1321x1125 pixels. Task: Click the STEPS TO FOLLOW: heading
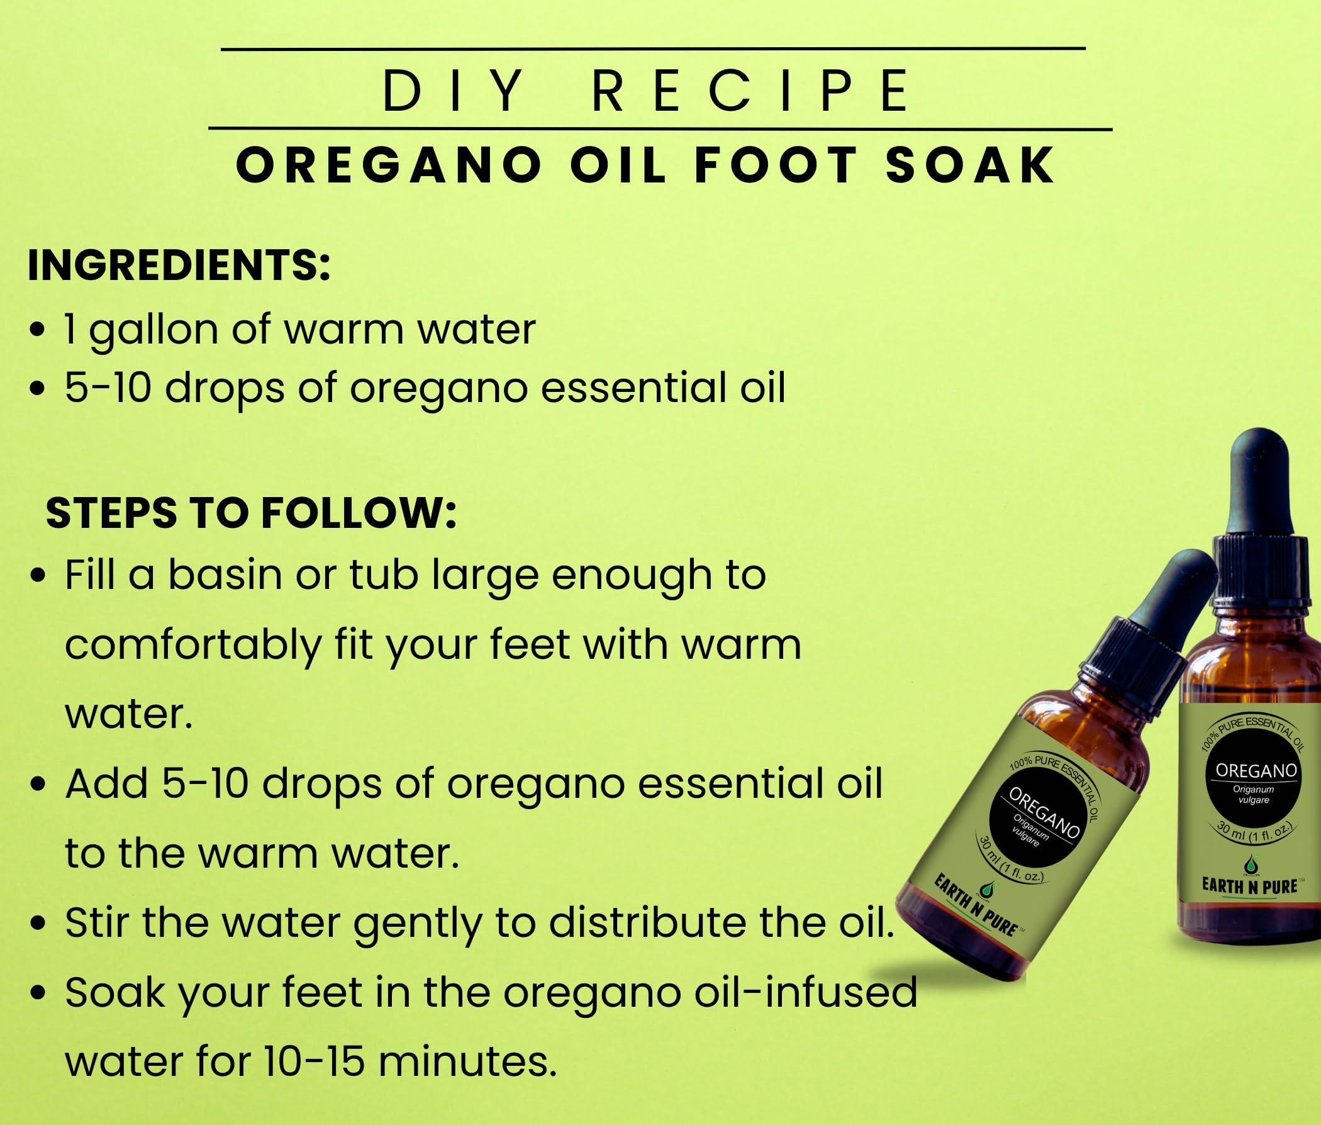click(x=252, y=513)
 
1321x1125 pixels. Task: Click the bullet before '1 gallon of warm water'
click(x=38, y=332)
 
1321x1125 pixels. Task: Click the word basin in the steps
click(x=225, y=574)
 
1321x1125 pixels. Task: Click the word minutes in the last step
click(x=464, y=1061)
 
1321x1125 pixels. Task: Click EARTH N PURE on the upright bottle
click(x=1249, y=887)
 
